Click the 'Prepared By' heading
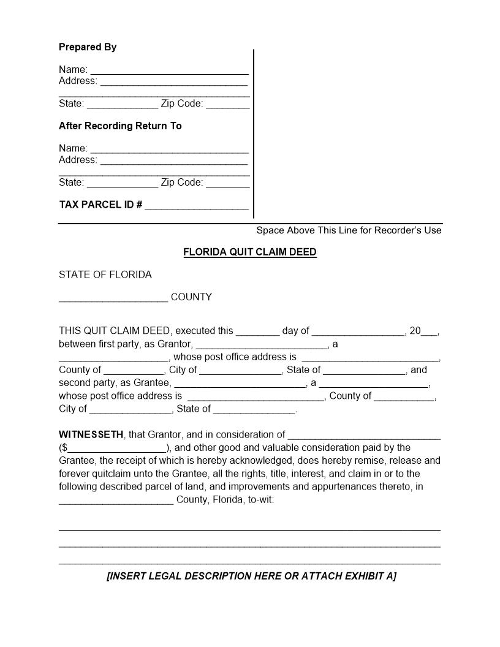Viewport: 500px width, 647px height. pyautogui.click(x=88, y=47)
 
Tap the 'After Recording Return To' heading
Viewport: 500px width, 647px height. pyautogui.click(x=120, y=126)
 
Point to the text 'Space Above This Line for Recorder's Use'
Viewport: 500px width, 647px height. pyautogui.click(x=349, y=230)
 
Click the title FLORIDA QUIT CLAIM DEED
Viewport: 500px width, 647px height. pyautogui.click(x=250, y=252)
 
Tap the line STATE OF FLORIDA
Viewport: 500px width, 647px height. pyautogui.click(x=105, y=274)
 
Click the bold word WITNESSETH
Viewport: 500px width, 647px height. pyautogui.click(x=91, y=435)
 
